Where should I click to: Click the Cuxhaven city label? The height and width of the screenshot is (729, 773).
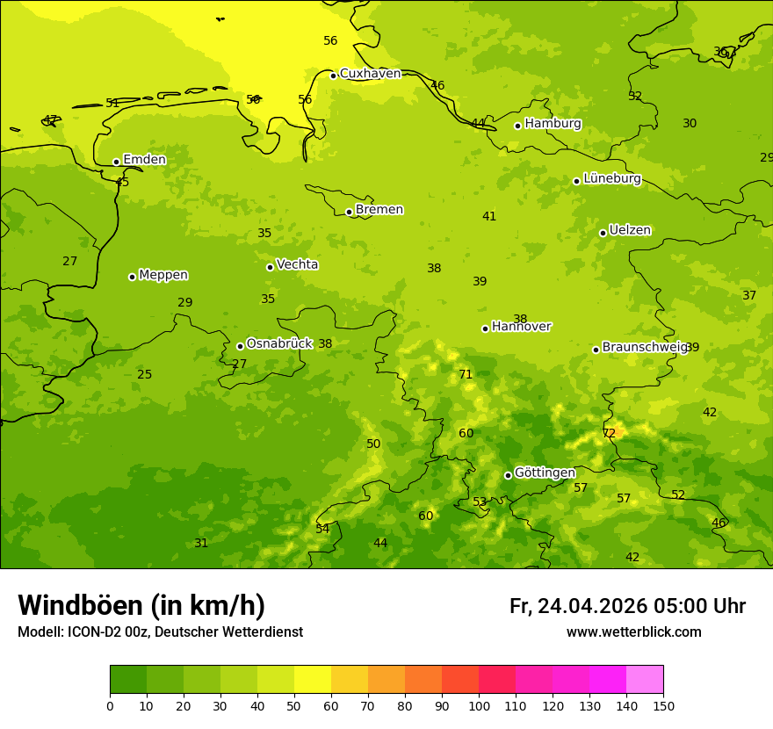click(370, 74)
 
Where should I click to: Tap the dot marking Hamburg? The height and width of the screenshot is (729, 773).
click(517, 126)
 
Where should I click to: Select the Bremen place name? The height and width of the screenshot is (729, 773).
click(379, 210)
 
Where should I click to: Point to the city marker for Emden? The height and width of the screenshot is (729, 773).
click(116, 162)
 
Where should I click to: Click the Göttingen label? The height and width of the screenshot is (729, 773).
click(545, 473)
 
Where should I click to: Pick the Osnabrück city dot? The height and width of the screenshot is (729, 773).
click(240, 346)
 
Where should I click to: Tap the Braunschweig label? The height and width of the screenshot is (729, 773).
click(644, 348)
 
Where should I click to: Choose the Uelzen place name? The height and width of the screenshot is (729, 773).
click(630, 231)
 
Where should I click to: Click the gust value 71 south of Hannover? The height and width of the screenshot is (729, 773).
click(466, 375)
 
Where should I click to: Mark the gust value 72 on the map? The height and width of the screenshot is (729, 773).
click(609, 434)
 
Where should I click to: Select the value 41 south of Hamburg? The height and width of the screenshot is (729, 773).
click(489, 217)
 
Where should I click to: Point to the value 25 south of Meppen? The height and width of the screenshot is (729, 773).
click(144, 375)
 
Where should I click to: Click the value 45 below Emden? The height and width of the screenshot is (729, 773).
click(122, 183)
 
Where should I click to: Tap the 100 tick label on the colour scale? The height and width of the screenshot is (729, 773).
click(479, 705)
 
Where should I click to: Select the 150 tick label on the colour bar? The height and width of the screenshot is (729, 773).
click(663, 705)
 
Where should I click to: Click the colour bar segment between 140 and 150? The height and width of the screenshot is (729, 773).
click(645, 679)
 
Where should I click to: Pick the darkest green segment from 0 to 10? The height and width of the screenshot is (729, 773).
click(128, 679)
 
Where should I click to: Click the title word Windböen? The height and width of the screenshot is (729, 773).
click(81, 605)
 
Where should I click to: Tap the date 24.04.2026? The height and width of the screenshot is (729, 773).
click(592, 606)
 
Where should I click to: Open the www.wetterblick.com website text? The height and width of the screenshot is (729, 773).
click(633, 632)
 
